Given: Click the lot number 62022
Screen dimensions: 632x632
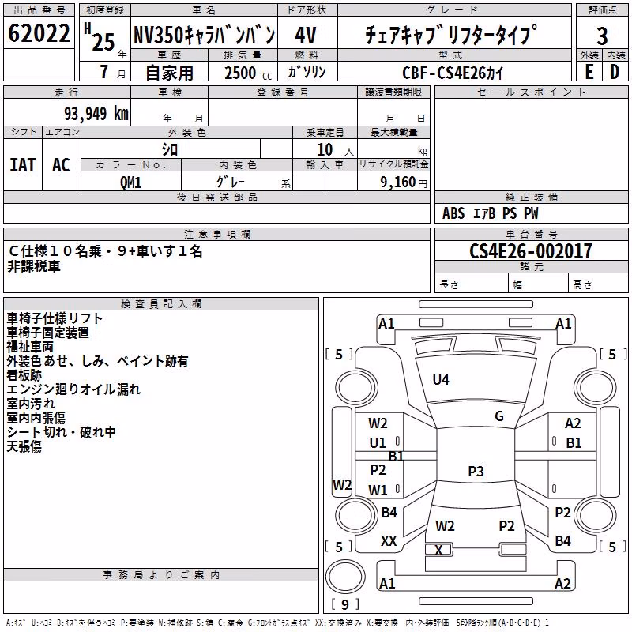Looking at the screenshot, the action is click(x=39, y=33).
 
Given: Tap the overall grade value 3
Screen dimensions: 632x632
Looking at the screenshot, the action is click(x=602, y=36).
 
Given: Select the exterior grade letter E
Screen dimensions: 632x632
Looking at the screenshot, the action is click(x=589, y=72).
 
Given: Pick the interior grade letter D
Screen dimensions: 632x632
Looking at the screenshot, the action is click(x=615, y=72).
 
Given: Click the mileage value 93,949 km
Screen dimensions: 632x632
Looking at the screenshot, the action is click(x=96, y=114).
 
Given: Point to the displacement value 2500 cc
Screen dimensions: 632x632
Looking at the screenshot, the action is click(x=248, y=73).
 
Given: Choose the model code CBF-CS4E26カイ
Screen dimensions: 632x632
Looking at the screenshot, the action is click(x=453, y=73).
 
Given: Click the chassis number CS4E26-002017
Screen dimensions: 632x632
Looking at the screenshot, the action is click(x=531, y=251).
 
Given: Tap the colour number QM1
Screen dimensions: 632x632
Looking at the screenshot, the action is click(x=130, y=182).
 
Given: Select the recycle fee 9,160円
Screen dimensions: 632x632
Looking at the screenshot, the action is click(x=404, y=182).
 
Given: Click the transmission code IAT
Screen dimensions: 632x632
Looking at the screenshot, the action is click(x=23, y=165).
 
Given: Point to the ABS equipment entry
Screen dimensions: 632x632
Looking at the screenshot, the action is click(x=453, y=213).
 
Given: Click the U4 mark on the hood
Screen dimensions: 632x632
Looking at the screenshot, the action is click(x=441, y=379).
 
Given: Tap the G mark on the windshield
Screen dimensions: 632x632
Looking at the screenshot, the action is click(x=499, y=416).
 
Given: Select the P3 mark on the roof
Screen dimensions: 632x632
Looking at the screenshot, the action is click(x=476, y=471).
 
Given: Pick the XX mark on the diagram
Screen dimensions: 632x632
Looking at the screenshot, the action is click(x=389, y=541).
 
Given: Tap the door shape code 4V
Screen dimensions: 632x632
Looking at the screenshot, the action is click(x=306, y=35).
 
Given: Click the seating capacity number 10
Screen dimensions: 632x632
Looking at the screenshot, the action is click(x=325, y=150).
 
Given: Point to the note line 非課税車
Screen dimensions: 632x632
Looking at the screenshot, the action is click(x=34, y=266).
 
